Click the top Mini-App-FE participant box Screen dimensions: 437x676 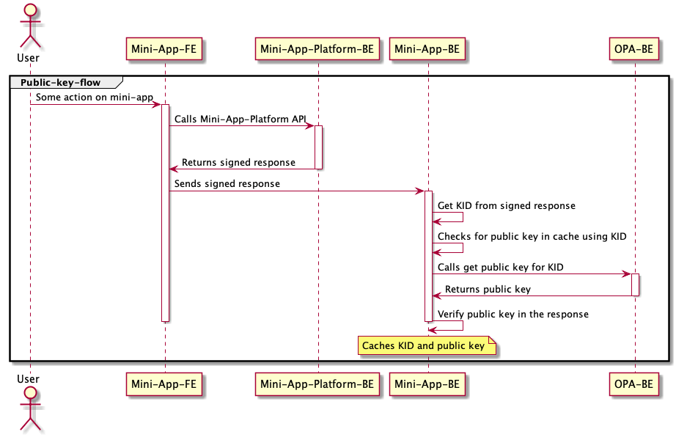click(164, 49)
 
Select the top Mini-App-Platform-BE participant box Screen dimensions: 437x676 click(317, 49)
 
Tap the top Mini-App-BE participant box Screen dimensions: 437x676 click(427, 49)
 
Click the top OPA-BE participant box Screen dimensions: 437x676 click(634, 49)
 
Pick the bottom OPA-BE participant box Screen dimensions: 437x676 click(634, 383)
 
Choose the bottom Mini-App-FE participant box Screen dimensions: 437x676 click(164, 383)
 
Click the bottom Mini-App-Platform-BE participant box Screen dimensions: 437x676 click(317, 383)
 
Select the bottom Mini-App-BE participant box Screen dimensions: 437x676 click(427, 383)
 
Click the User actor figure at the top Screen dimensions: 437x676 click(30, 26)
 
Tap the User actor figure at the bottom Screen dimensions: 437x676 click(30, 407)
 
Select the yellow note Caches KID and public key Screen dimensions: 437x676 click(427, 345)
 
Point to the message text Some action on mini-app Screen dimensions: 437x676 click(94, 97)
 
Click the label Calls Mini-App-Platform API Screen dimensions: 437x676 click(240, 119)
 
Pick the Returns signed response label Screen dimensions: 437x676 click(238, 162)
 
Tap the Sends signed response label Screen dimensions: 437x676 click(227, 183)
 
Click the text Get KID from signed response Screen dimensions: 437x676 click(506, 206)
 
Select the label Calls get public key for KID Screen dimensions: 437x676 click(500, 268)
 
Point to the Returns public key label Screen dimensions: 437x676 click(488, 289)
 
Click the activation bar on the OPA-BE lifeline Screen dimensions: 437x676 click(635, 284)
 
